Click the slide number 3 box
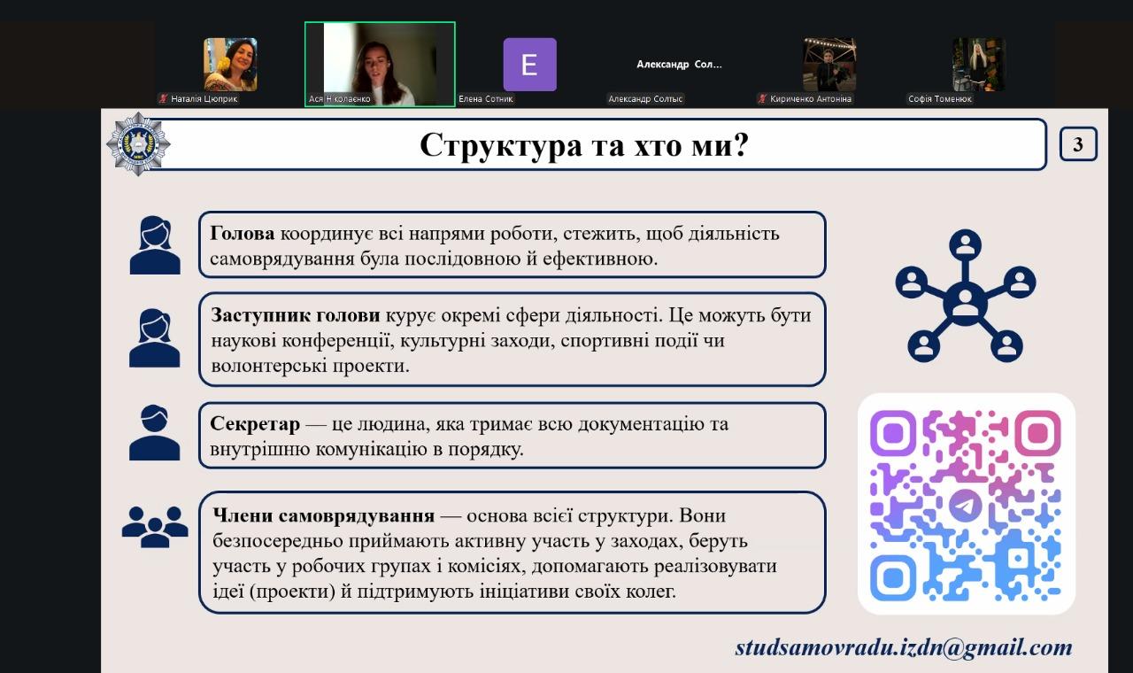(x=1078, y=144)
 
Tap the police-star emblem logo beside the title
(x=138, y=144)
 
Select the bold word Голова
(x=243, y=233)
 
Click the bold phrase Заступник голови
(x=296, y=315)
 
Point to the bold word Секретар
(x=255, y=424)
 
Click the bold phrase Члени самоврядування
(x=323, y=515)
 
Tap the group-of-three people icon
(x=155, y=527)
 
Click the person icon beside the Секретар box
(x=154, y=433)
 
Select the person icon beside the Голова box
(x=155, y=245)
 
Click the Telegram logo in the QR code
(x=966, y=505)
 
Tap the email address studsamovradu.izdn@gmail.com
(x=904, y=648)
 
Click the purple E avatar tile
(x=529, y=65)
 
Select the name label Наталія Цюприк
(x=204, y=98)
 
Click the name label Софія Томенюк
(x=940, y=98)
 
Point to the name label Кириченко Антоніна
(x=810, y=98)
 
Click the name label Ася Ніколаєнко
(x=339, y=98)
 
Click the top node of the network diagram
(x=965, y=245)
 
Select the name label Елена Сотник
(x=486, y=98)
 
